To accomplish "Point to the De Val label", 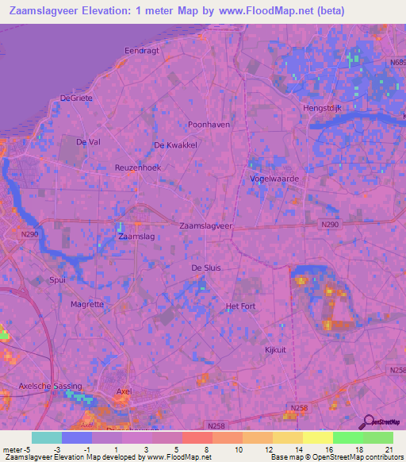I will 88,141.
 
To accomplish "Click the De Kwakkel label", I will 175,145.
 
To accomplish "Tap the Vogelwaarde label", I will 274,179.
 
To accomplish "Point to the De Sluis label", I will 206,268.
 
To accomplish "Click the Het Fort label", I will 240,306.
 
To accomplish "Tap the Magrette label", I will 87,304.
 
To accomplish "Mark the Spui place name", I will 57,280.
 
